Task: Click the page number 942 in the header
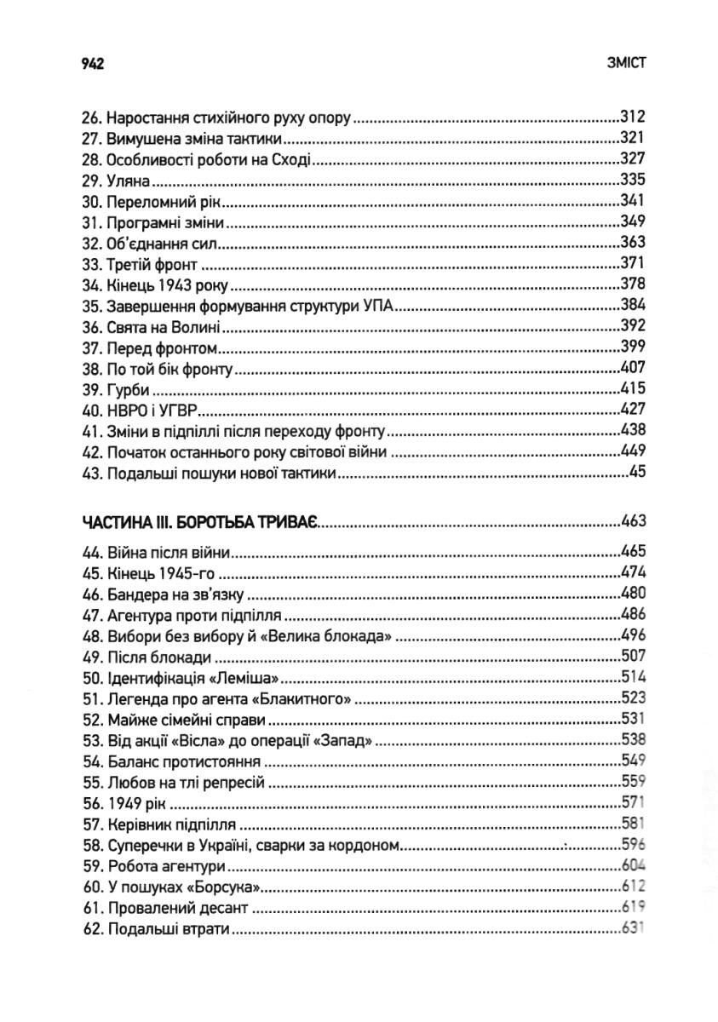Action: pyautogui.click(x=91, y=64)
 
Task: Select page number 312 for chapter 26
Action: pyautogui.click(x=634, y=117)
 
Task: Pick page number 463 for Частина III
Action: pyautogui.click(x=634, y=521)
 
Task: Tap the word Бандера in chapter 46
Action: pyautogui.click(x=138, y=593)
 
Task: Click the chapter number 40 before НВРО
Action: pyautogui.click(x=91, y=410)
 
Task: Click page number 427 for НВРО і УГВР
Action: pyautogui.click(x=634, y=410)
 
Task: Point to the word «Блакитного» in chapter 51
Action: pyautogui.click(x=310, y=698)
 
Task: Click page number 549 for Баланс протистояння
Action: pyautogui.click(x=634, y=761)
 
